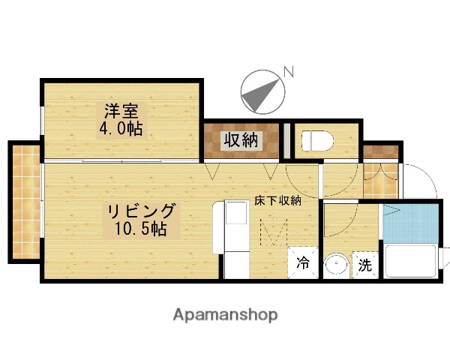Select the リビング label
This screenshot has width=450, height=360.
pyautogui.click(x=140, y=210)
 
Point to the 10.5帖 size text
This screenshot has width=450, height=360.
pyautogui.click(x=140, y=228)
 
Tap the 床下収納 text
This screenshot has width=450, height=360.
pyautogui.click(x=277, y=200)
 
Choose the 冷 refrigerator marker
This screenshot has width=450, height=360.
pyautogui.click(x=304, y=263)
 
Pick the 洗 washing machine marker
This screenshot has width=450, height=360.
pyautogui.click(x=364, y=264)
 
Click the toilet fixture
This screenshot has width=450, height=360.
pyautogui.click(x=316, y=140)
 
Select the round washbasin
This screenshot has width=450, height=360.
pyautogui.click(x=336, y=265)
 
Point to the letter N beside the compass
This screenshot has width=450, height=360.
pyautogui.click(x=288, y=72)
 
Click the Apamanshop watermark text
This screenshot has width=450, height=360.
pyautogui.click(x=225, y=315)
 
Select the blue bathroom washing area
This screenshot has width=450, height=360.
pyautogui.click(x=409, y=223)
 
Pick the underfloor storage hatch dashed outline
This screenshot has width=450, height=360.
pyautogui.click(x=273, y=230)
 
